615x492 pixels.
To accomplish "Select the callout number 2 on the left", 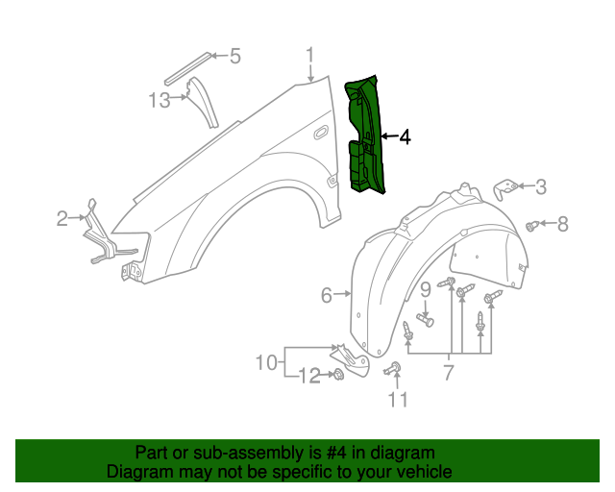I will (62, 218).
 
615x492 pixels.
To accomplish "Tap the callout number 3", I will (541, 186).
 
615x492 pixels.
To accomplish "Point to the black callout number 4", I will (405, 137).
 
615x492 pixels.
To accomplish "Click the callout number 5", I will (234, 57).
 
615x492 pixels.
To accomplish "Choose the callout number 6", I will (327, 295).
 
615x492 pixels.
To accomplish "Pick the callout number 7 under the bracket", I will (449, 370).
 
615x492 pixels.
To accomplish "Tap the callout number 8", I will (563, 225).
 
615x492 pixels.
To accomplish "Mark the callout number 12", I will (309, 376).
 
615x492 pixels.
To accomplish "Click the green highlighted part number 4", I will (365, 135).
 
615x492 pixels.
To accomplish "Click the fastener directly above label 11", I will (394, 368).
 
